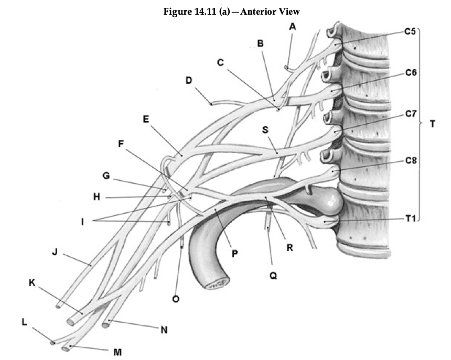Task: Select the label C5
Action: [x=410, y=31]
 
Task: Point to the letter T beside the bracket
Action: [x=432, y=125]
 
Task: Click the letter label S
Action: [x=266, y=129]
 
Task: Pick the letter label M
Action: [x=118, y=352]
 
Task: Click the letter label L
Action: [x=24, y=322]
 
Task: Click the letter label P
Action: [x=235, y=253]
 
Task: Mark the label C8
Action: [x=410, y=161]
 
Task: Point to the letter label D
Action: [x=189, y=81]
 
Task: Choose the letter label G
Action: [x=106, y=176]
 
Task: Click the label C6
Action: [x=410, y=72]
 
